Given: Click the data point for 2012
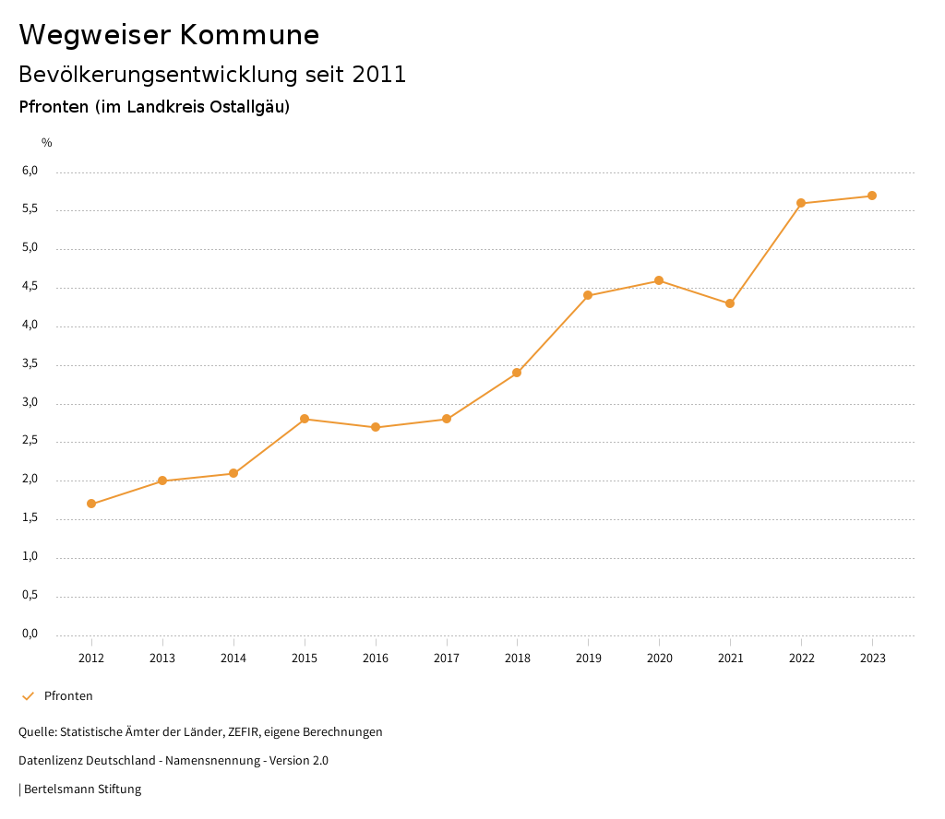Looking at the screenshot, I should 91,504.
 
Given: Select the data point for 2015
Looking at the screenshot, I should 305,419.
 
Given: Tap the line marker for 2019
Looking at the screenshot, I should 588,295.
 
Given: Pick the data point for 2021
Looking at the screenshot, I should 730,303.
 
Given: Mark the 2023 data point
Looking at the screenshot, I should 872,196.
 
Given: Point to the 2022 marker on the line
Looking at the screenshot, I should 801,203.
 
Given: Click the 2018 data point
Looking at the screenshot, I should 517,373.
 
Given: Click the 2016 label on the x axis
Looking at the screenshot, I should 376,658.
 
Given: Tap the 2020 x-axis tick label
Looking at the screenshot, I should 659,658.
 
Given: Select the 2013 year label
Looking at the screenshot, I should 162,658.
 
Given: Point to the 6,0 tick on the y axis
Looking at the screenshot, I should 30,171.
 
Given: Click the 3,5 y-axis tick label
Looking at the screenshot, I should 30,364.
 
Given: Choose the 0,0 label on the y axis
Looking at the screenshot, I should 30,634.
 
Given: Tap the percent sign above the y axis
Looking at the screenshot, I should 47,142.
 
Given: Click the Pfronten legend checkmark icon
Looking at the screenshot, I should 28,696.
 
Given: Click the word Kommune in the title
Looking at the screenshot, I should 249,35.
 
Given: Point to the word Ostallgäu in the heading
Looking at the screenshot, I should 246,107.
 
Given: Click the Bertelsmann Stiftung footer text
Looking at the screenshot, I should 82,789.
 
